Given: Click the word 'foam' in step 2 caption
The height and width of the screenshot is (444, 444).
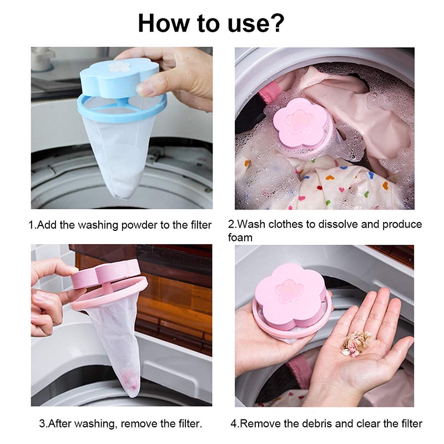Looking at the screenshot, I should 240,238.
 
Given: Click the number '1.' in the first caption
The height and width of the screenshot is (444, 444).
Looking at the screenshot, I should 32,225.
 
